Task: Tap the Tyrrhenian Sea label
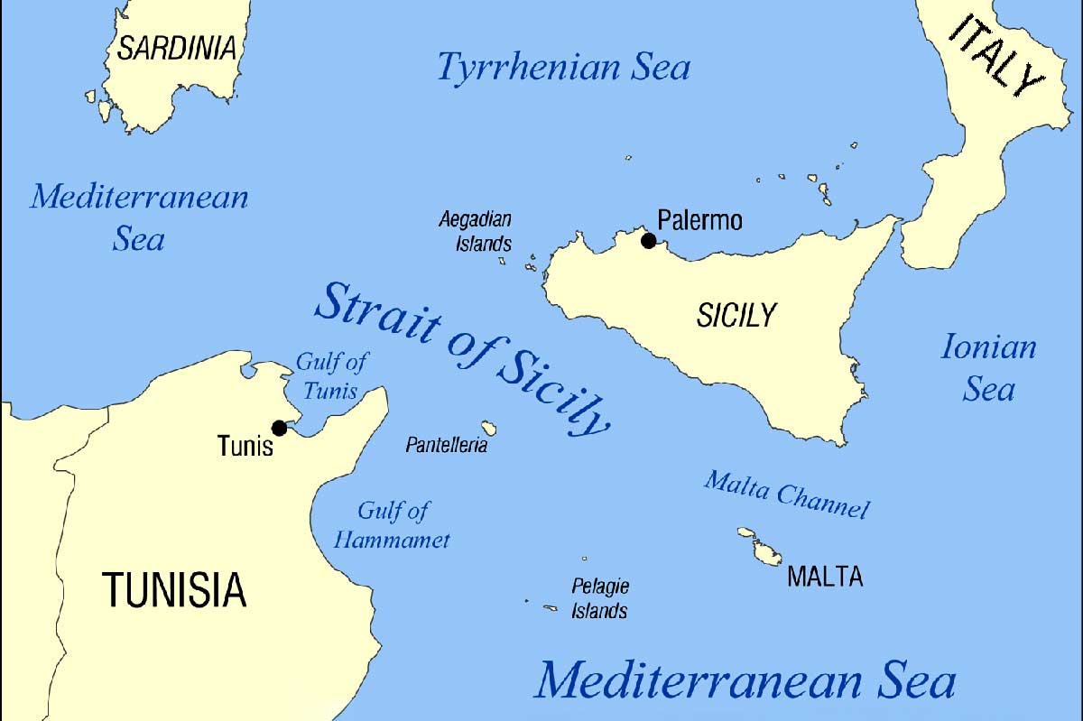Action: tap(563, 68)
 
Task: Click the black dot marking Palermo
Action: tap(648, 241)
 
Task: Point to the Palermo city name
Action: tap(699, 220)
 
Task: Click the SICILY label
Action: tap(736, 315)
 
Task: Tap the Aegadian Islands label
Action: tap(476, 231)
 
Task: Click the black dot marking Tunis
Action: tap(279, 427)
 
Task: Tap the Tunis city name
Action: tap(245, 446)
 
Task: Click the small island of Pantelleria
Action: tap(489, 427)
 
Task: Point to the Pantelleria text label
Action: tap(447, 445)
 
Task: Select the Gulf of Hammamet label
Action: tap(393, 525)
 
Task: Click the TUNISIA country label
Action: tap(174, 589)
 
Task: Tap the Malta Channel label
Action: tap(786, 495)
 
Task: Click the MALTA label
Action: tap(825, 577)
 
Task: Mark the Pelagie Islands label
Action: tap(600, 598)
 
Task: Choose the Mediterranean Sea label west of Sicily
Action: tap(139, 217)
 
